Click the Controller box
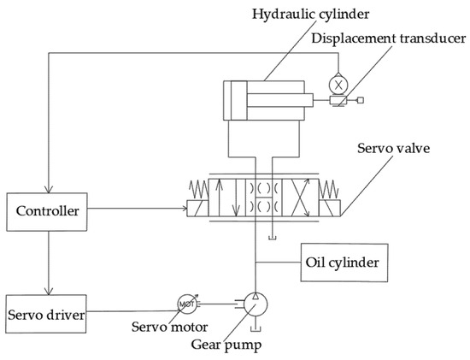click(x=49, y=209)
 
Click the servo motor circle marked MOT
click(x=187, y=303)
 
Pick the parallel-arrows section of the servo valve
click(x=226, y=198)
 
